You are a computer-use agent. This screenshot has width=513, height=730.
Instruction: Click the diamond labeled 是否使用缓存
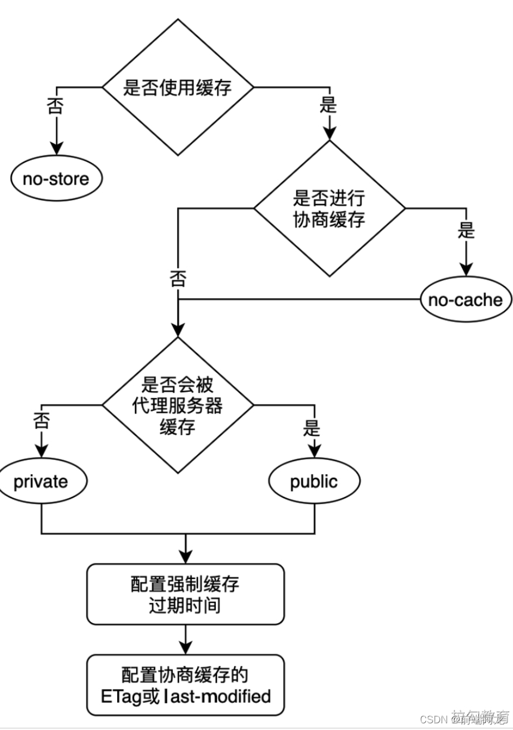[x=177, y=87]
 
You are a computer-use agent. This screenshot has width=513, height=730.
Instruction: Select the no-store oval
[x=56, y=179]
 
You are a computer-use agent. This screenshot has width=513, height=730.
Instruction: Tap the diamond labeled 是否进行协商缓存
[x=329, y=208]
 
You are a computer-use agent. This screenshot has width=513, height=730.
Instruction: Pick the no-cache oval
[x=465, y=300]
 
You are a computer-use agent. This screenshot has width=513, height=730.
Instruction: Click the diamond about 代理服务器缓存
[x=177, y=405]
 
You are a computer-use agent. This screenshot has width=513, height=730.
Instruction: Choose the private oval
[x=41, y=481]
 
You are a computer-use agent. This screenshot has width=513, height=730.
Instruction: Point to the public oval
[x=314, y=481]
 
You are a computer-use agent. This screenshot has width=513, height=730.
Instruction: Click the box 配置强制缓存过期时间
[x=185, y=594]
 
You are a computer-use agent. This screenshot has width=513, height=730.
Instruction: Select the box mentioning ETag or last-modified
[x=185, y=685]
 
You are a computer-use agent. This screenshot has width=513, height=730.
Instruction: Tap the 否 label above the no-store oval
[x=55, y=106]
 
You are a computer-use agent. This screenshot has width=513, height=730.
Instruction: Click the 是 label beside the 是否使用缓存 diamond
[x=328, y=105]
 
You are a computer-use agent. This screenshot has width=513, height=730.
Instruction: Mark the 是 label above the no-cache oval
[x=466, y=230]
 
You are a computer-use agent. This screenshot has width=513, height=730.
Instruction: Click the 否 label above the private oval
[x=41, y=420]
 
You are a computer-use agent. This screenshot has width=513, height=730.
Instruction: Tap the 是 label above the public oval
[x=313, y=428]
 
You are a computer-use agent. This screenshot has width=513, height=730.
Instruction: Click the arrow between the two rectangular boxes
[x=185, y=639]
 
